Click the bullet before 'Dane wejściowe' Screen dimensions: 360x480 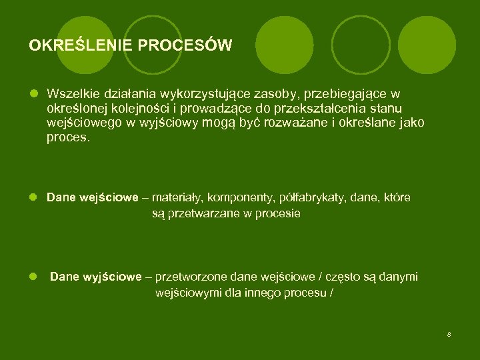click(33, 198)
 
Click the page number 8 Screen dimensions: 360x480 click(449, 334)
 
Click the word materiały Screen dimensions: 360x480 click(179, 198)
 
